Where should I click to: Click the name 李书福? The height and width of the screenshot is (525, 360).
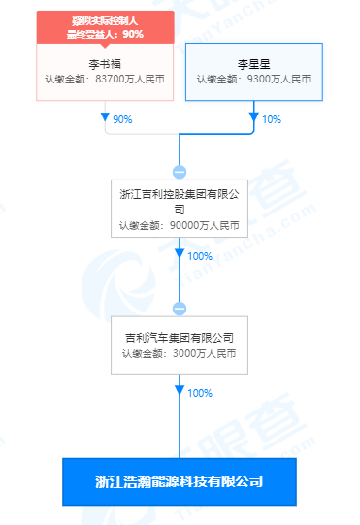point(105,61)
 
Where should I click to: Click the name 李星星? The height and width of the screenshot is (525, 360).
point(252,61)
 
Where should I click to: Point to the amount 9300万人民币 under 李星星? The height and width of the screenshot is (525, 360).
point(271,79)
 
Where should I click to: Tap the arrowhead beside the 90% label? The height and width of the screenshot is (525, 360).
point(105,118)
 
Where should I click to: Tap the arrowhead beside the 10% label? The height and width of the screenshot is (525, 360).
point(253,118)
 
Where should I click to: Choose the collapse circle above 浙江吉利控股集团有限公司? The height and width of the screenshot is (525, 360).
point(180,171)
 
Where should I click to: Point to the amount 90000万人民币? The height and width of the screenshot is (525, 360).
point(196,226)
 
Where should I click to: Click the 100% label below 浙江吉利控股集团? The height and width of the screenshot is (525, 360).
point(199,256)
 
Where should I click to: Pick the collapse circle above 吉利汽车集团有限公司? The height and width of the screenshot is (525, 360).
point(180,309)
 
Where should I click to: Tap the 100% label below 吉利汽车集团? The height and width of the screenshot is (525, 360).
point(199,394)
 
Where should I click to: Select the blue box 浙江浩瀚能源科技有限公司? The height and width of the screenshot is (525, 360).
point(180,481)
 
